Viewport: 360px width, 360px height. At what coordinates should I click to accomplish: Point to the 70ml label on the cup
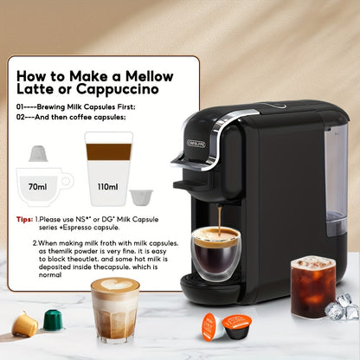pyautogui.click(x=37, y=185)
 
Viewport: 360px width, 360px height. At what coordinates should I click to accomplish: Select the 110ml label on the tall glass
pyautogui.click(x=107, y=185)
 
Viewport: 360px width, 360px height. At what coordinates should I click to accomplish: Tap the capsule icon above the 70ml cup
pyautogui.click(x=37, y=154)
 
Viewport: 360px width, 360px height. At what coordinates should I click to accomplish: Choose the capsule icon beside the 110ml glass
pyautogui.click(x=141, y=196)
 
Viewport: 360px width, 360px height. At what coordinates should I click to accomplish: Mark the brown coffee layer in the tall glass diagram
pyautogui.click(x=108, y=151)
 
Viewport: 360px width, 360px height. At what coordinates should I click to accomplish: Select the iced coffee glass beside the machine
pyautogui.click(x=312, y=286)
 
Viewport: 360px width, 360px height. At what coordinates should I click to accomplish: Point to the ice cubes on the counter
pyautogui.click(x=340, y=307)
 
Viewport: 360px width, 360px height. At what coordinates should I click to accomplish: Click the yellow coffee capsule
pyautogui.click(x=25, y=325)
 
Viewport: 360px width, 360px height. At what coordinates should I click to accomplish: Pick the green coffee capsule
pyautogui.click(x=54, y=319)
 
